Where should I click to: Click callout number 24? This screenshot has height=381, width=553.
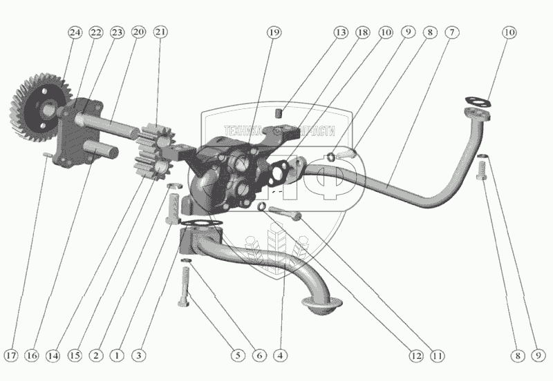pyautogui.click(x=74, y=32)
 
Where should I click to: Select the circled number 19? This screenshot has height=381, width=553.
pyautogui.click(x=275, y=32)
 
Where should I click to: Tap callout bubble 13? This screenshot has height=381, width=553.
pyautogui.click(x=340, y=32)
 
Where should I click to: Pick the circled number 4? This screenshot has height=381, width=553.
pyautogui.click(x=280, y=356)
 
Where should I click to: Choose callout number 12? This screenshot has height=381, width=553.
pyautogui.click(x=415, y=356)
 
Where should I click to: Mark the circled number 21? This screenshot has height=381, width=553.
pyautogui.click(x=161, y=32)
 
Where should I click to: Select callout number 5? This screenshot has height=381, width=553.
pyautogui.click(x=237, y=356)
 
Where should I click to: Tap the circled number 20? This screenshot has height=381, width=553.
pyautogui.click(x=138, y=32)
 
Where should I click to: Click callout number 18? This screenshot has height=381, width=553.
pyautogui.click(x=362, y=32)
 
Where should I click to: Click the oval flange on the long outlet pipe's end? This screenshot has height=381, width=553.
pyautogui.click(x=477, y=103)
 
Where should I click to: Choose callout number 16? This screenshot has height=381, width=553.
pyautogui.click(x=32, y=356)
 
